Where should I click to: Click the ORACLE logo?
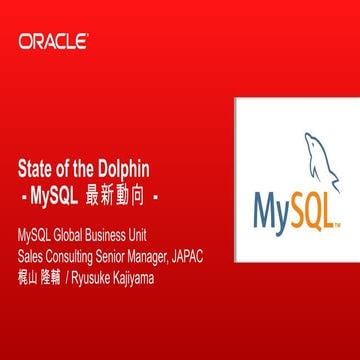(x=52, y=42)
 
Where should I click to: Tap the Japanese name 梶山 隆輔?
(x=41, y=274)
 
